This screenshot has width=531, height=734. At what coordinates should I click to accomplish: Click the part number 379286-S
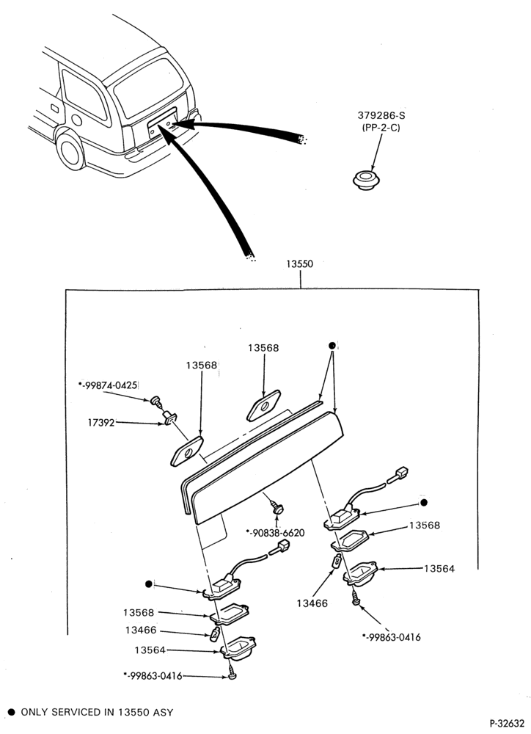pyautogui.click(x=381, y=115)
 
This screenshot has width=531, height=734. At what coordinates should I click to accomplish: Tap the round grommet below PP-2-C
pyautogui.click(x=365, y=180)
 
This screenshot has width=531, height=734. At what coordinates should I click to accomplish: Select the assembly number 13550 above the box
pyautogui.click(x=299, y=264)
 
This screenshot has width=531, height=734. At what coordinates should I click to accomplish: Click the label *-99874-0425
pyautogui.click(x=108, y=385)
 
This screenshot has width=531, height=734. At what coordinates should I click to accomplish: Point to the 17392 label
pyautogui.click(x=101, y=423)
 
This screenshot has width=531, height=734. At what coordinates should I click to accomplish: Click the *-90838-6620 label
pyautogui.click(x=275, y=533)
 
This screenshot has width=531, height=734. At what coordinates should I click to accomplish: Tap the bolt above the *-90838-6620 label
pyautogui.click(x=279, y=507)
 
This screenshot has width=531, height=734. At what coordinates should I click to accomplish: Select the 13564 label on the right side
pyautogui.click(x=439, y=569)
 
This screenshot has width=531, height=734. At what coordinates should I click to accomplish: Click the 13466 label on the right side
pyautogui.click(x=312, y=604)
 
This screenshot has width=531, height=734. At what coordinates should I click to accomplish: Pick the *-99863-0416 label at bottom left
pyautogui.click(x=153, y=676)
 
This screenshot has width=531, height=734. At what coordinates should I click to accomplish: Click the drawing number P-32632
pyautogui.click(x=507, y=723)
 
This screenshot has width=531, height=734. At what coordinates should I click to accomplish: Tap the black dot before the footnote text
pyautogui.click(x=12, y=713)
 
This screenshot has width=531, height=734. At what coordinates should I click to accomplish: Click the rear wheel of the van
pyautogui.click(x=71, y=150)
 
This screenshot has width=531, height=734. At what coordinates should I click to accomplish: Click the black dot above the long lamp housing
pyautogui.click(x=332, y=346)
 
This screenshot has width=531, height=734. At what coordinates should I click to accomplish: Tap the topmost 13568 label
pyautogui.click(x=263, y=348)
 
